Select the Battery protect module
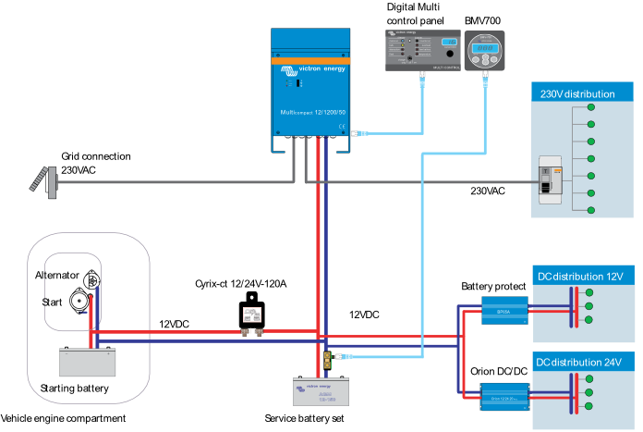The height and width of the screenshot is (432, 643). [503, 311]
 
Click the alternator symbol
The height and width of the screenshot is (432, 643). [91, 278]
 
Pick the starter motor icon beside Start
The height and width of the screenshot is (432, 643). [80, 302]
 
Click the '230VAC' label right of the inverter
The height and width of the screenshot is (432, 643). [487, 191]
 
